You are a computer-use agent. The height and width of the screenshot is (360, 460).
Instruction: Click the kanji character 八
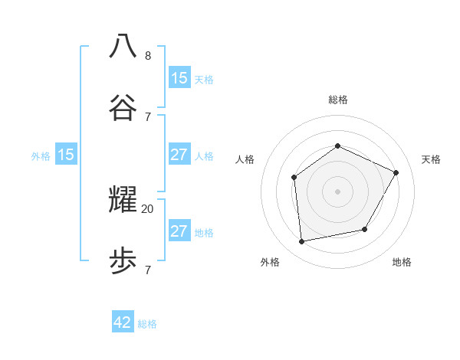click(x=123, y=45)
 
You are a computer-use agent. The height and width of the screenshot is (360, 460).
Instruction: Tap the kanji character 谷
click(x=123, y=107)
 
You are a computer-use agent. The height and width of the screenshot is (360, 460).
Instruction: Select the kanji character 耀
click(x=123, y=199)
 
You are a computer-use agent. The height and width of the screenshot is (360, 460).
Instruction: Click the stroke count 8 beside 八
click(x=147, y=55)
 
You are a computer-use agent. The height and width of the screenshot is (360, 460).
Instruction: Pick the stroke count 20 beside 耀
click(x=147, y=208)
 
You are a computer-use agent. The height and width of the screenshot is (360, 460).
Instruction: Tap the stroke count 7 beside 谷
click(x=147, y=116)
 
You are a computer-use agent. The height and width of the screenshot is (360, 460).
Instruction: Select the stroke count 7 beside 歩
click(x=147, y=270)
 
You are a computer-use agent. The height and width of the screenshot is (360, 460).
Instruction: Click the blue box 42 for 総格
click(x=123, y=322)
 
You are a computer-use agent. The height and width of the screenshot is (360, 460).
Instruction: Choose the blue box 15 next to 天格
click(x=179, y=77)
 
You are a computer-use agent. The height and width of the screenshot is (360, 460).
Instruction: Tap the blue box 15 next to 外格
click(x=66, y=154)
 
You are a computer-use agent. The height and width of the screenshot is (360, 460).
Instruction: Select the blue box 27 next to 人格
click(x=179, y=154)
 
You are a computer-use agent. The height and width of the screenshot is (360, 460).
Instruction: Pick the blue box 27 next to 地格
click(x=179, y=231)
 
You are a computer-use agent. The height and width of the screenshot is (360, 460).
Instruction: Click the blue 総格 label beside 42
click(x=147, y=324)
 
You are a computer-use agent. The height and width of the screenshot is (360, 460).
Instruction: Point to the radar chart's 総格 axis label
click(x=337, y=100)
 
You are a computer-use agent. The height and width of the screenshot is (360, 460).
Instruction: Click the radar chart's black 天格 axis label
click(x=431, y=159)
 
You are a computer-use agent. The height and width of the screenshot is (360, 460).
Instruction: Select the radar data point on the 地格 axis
click(x=365, y=229)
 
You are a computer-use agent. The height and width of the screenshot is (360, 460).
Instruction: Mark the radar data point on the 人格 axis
click(x=294, y=178)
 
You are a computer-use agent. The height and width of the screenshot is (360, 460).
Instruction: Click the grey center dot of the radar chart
click(x=337, y=191)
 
